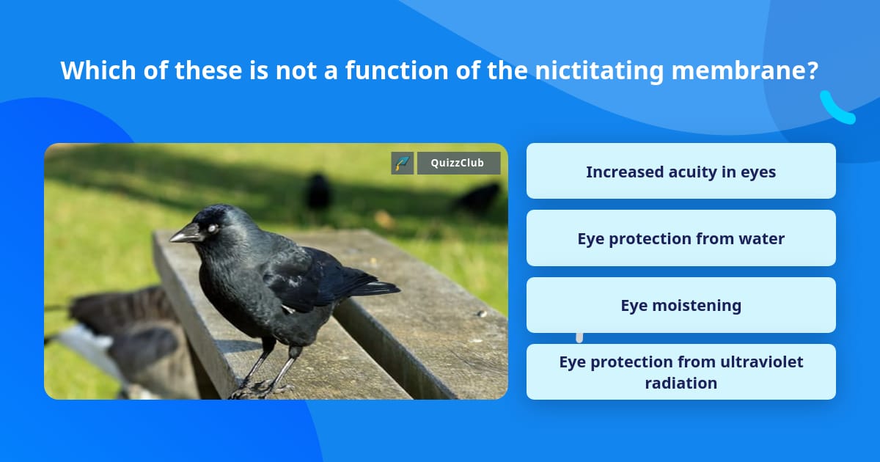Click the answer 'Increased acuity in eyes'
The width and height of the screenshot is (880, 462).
[681, 171]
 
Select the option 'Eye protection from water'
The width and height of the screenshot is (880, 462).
[681, 238]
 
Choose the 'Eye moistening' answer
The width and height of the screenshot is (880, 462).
[681, 305]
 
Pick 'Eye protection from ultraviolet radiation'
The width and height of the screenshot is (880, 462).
[681, 372]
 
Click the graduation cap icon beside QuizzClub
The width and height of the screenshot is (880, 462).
[403, 163]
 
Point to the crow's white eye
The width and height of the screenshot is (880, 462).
[213, 228]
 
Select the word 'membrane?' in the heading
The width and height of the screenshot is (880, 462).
[745, 70]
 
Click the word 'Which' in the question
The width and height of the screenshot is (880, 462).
[98, 70]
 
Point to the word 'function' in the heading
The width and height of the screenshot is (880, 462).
[397, 70]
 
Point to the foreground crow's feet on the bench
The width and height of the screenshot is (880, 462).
[261, 389]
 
